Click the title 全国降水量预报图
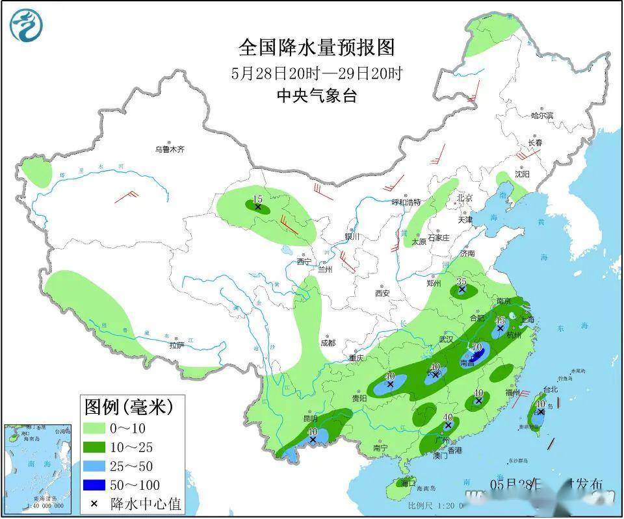pyautogui.click(x=317, y=47)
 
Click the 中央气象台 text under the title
pyautogui.click(x=317, y=96)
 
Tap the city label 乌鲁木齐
pyautogui.click(x=170, y=149)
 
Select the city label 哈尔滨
pyautogui.click(x=541, y=116)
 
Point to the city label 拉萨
pyautogui.click(x=177, y=346)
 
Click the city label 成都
pyautogui.click(x=328, y=342)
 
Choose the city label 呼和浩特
pyautogui.click(x=406, y=202)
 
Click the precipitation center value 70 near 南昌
pyautogui.click(x=476, y=347)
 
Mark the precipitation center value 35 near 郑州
pyautogui.click(x=461, y=281)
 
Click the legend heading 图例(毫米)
pyautogui.click(x=129, y=407)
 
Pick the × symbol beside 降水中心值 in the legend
pyautogui.click(x=94, y=504)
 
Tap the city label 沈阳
pyautogui.click(x=522, y=174)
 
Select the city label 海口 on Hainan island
pyautogui.click(x=408, y=484)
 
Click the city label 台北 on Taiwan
pyautogui.click(x=550, y=389)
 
